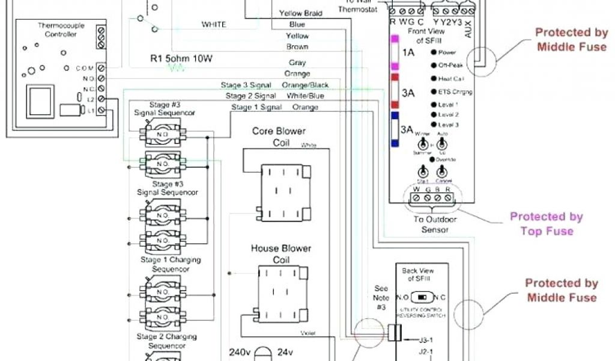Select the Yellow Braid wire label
[x=301, y=13]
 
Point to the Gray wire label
[x=297, y=63]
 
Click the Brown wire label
[x=297, y=47]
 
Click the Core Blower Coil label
[x=279, y=137]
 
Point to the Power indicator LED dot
[x=433, y=53]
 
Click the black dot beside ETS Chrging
[x=433, y=92]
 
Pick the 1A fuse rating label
[x=408, y=52]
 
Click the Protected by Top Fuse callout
[x=547, y=223]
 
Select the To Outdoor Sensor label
[x=434, y=224]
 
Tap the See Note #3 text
[x=381, y=298]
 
